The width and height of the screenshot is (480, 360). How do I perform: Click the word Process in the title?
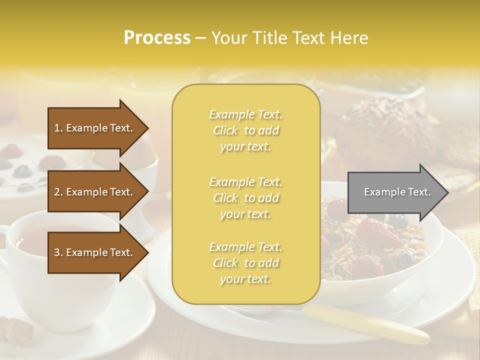(x=157, y=38)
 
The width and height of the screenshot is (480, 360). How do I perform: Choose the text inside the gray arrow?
(x=397, y=192)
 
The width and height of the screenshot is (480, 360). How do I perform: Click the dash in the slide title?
(x=201, y=38)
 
